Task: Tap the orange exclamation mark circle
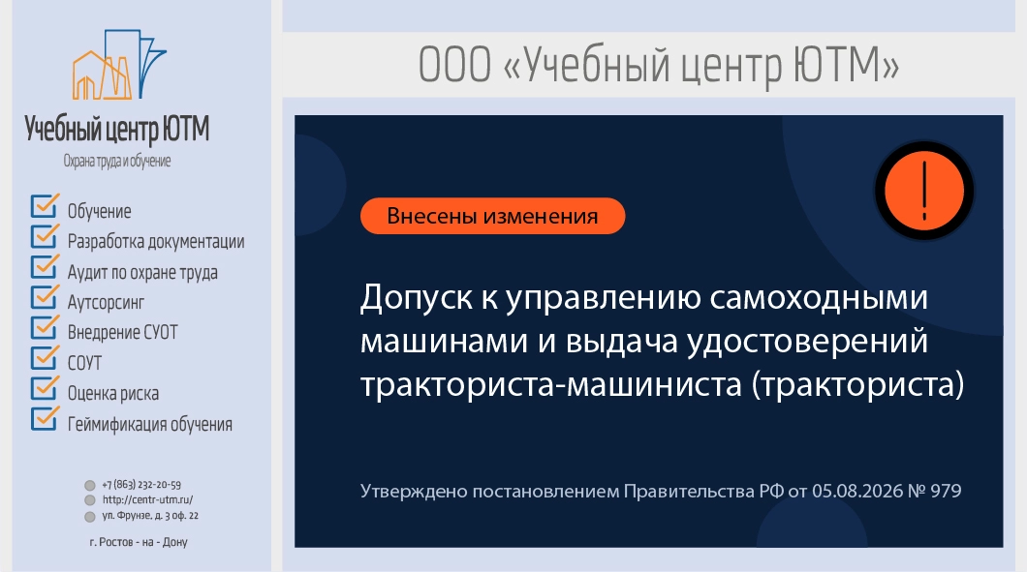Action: point(923,191)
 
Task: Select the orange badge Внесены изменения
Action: point(492,216)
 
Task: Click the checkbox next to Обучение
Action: point(45,206)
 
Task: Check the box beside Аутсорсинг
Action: point(45,297)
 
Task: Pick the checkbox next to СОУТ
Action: point(45,358)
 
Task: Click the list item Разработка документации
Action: point(156,242)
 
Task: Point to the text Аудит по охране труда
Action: point(142,272)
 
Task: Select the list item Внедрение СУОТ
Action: point(122,333)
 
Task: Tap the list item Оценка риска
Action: point(113,393)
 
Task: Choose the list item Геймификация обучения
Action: point(150,424)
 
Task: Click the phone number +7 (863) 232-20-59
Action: point(141,485)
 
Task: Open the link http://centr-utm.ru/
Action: point(147,500)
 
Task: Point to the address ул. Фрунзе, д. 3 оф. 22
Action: point(150,516)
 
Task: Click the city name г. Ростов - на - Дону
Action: point(139,542)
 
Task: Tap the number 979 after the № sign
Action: point(946,491)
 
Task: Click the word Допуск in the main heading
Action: point(417,298)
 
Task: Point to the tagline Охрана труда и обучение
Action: point(117,161)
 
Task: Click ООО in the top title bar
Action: point(454,65)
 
